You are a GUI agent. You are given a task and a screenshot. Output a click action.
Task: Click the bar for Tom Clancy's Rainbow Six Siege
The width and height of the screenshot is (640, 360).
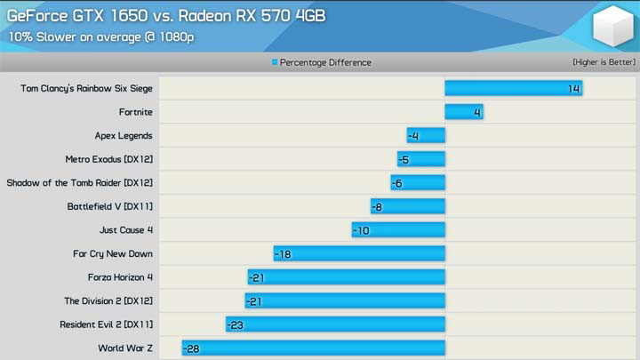[x=513, y=89]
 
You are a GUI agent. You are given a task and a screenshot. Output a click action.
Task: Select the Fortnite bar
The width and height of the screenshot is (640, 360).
[x=463, y=112]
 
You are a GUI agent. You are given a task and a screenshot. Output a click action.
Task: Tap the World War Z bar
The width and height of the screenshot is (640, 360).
[x=313, y=348]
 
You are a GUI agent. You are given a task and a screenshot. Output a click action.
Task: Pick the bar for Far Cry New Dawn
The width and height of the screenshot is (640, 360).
[x=359, y=253]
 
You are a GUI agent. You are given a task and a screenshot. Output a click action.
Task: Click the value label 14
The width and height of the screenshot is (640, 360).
[x=573, y=89]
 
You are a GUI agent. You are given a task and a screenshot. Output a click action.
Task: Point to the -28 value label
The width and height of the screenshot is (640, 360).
[x=191, y=348]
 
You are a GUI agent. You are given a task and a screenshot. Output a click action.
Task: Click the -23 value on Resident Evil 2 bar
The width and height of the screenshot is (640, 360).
[x=236, y=324]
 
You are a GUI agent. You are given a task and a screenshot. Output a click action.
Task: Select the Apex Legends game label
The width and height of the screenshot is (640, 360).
[x=124, y=136]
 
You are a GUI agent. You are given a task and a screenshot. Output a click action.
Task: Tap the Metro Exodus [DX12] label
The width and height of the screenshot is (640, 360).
[x=109, y=159]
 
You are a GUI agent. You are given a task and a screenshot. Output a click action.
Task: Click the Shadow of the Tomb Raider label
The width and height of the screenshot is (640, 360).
[x=80, y=183]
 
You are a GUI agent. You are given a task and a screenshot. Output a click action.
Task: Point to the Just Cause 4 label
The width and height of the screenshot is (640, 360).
[x=126, y=230]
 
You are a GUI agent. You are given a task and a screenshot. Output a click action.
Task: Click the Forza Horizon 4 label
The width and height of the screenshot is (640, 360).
[x=120, y=277]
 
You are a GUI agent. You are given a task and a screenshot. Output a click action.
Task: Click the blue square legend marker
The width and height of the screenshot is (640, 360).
[x=275, y=62]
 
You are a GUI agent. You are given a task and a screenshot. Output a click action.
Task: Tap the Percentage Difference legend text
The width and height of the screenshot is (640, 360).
[x=325, y=62]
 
